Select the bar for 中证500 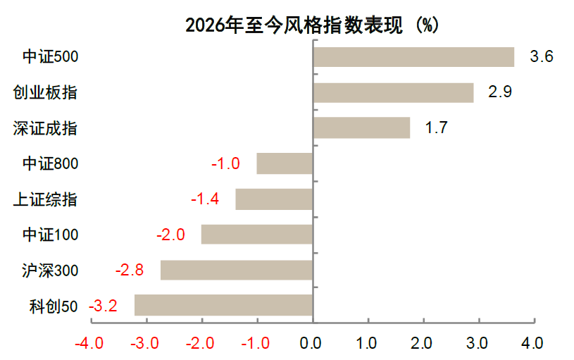click(413, 56)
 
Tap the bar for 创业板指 click(393, 92)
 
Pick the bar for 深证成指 click(361, 128)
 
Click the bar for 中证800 click(285, 163)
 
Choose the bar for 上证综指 click(274, 199)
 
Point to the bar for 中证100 click(257, 234)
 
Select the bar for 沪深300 click(237, 270)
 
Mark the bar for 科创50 click(224, 305)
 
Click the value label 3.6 click(541, 56)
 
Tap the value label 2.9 click(500, 92)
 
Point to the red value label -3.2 click(103, 306)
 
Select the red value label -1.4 click(205, 199)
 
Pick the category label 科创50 click(54, 306)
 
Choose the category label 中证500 click(50, 57)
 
